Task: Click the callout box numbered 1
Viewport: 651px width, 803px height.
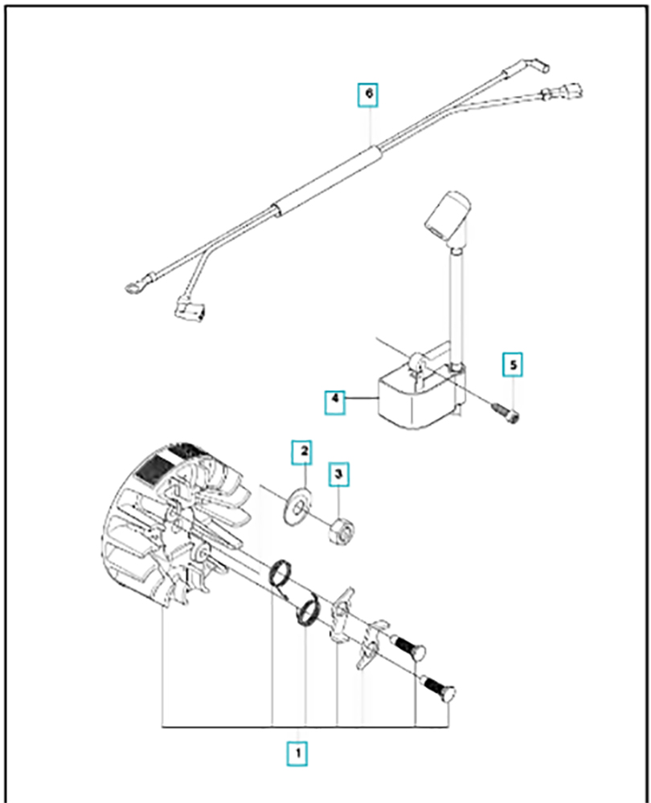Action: (297, 753)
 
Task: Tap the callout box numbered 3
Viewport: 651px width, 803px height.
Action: (338, 475)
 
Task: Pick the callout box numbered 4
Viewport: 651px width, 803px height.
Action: (334, 397)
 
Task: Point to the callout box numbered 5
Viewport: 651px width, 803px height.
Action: (513, 365)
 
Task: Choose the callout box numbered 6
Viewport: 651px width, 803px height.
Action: (369, 94)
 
